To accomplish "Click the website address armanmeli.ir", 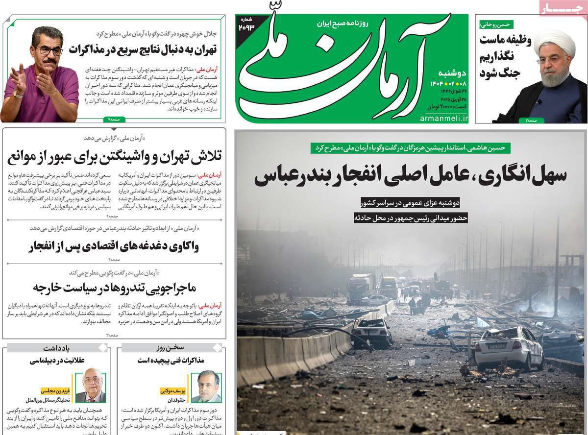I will point(444,119).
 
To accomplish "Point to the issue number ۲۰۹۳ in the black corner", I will point(247,26).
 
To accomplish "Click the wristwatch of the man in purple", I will point(18,93).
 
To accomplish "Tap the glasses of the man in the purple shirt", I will point(49,50).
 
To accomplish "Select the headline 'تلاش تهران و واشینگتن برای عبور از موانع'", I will point(116,157).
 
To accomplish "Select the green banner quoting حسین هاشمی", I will point(411,147).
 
